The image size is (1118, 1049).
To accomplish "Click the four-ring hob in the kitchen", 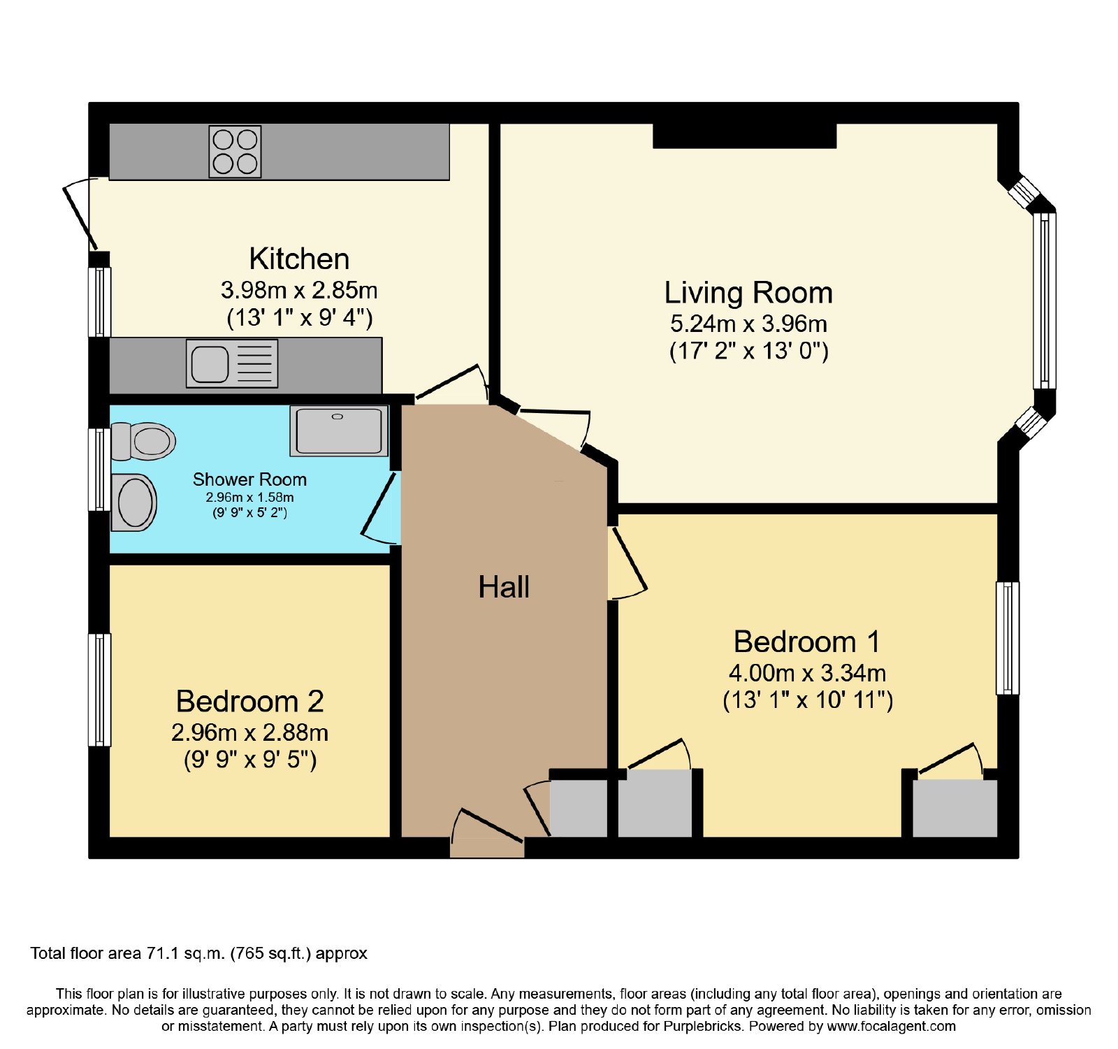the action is point(235,152).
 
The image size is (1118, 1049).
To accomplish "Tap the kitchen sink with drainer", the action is point(232,363).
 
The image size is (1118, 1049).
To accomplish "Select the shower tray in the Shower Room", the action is point(339,431).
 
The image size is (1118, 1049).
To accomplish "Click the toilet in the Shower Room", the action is point(143,441).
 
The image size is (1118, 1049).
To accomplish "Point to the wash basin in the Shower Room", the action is point(133,502).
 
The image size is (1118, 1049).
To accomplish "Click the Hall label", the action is point(504,587).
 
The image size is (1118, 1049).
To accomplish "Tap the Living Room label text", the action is point(748,293).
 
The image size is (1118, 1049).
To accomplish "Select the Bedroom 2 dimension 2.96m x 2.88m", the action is point(249,732).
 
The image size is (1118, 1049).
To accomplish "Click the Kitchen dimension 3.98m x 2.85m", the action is point(299,289).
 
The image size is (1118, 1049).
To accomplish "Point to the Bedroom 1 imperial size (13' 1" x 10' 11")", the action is point(808,700).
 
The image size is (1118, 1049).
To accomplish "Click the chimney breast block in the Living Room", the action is point(744,136).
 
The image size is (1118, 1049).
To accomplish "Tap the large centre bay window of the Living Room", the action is point(1045,301).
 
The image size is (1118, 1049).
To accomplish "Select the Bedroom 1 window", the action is point(1007,637).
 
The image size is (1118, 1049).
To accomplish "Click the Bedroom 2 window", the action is point(99,690).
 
